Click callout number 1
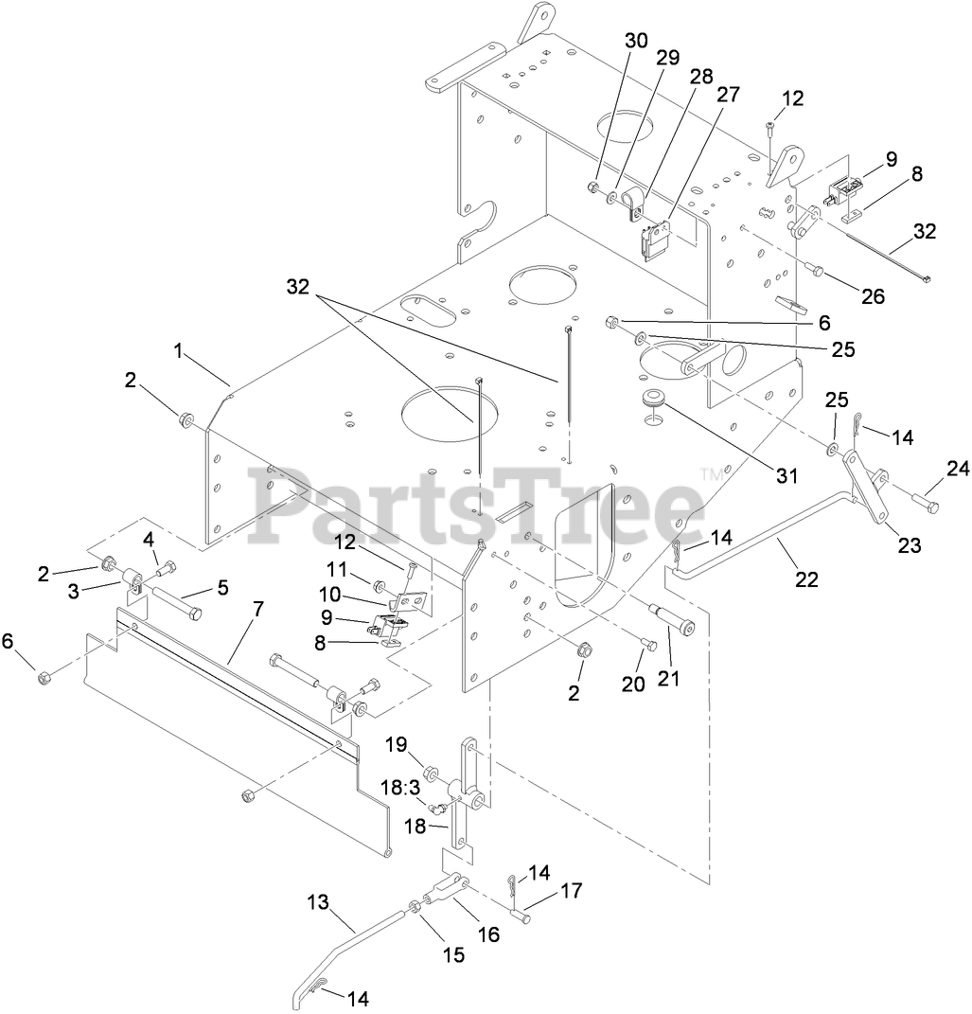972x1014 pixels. pyautogui.click(x=178, y=350)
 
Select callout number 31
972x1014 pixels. pyautogui.click(x=786, y=475)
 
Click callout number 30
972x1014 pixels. pyautogui.click(x=636, y=41)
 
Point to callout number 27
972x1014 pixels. pyautogui.click(x=729, y=94)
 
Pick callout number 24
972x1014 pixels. pyautogui.click(x=958, y=468)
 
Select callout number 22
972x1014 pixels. pyautogui.click(x=806, y=578)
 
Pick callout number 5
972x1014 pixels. pyautogui.click(x=222, y=587)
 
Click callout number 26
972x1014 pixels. pyautogui.click(x=872, y=295)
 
